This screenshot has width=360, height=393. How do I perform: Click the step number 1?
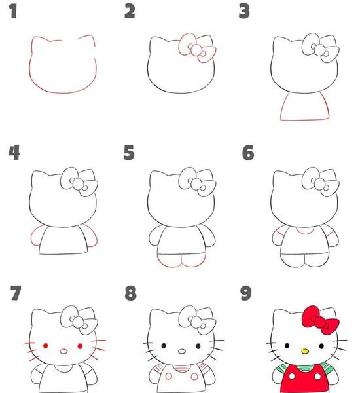coord(13,12)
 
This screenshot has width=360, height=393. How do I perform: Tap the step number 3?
coord(244,12)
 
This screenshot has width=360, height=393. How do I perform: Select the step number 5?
coord(129,153)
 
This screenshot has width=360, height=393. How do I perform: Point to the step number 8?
coord(130,293)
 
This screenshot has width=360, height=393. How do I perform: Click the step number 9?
coord(245,293)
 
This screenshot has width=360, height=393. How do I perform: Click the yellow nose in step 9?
coord(305,351)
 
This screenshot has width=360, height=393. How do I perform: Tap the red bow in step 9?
coord(320,320)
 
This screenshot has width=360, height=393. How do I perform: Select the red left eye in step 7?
coord(45,346)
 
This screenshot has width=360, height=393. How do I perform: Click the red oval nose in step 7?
coord(64,351)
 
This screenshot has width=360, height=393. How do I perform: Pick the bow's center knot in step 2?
coord(196,50)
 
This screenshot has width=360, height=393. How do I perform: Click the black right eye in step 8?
coord(198,346)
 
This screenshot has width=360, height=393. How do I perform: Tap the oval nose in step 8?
coord(182,351)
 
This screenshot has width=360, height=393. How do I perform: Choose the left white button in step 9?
coord(292,376)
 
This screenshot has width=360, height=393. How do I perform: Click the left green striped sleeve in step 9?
coord(280,370)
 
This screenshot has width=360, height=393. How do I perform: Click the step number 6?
coord(248,153)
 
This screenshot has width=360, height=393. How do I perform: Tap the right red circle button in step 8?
coord(194,376)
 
